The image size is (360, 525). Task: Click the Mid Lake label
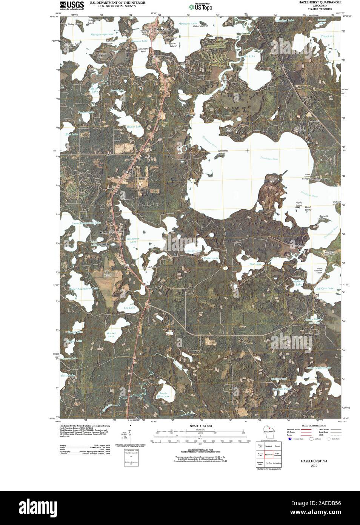point(249,56)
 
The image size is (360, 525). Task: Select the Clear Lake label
point(327,36)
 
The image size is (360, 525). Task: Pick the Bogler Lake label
point(134,127)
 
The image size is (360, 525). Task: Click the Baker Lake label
point(94,90)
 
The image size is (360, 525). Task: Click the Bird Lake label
point(255,264)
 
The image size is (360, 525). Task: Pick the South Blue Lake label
point(163,395)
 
